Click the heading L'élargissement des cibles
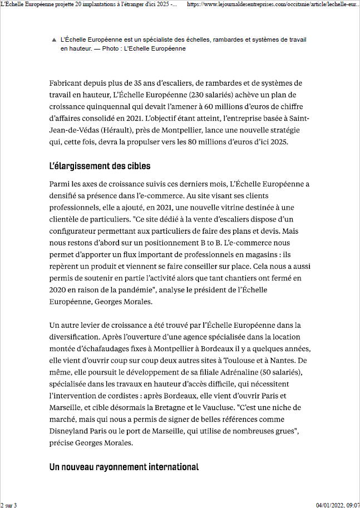click(100, 166)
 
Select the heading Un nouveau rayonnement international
click(124, 467)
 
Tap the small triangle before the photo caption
click(53, 41)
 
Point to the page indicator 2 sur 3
click(9, 505)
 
